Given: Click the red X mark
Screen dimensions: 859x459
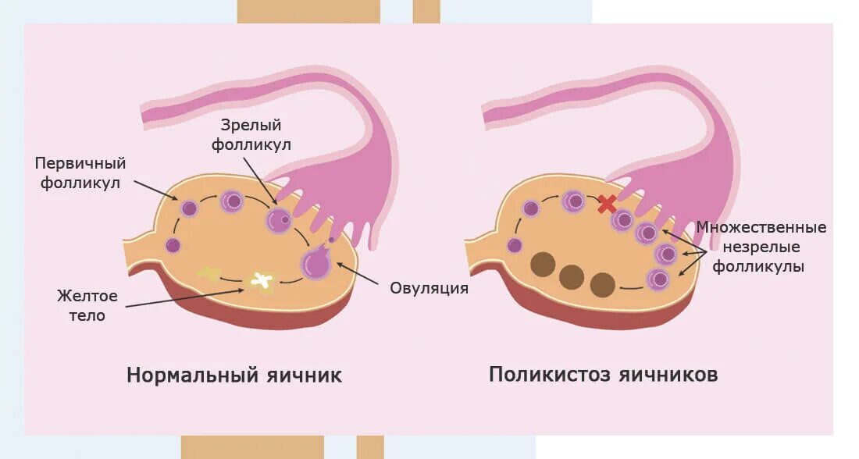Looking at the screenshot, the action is [x=606, y=205].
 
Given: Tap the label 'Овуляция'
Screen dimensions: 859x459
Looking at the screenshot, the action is [x=429, y=288].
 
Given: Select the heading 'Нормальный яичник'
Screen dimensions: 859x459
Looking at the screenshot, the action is [x=234, y=375].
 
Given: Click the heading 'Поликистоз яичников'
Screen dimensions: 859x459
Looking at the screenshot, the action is [x=604, y=375].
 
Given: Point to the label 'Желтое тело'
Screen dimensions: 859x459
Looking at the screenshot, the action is [x=87, y=306].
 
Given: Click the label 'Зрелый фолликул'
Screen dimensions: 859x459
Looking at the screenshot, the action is [x=250, y=134].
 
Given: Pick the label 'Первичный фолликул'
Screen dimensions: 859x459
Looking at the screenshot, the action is [x=80, y=173].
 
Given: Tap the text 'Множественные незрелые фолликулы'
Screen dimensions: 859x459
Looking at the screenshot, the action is [x=761, y=247].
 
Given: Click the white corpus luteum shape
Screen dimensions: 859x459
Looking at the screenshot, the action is [x=262, y=279].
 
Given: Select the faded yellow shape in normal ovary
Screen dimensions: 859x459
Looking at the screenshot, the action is [x=209, y=272].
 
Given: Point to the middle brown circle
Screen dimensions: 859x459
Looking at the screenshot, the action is [x=572, y=276].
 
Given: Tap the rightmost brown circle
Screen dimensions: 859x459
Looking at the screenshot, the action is [x=603, y=285].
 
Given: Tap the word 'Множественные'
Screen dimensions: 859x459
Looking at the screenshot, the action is [x=761, y=228].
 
